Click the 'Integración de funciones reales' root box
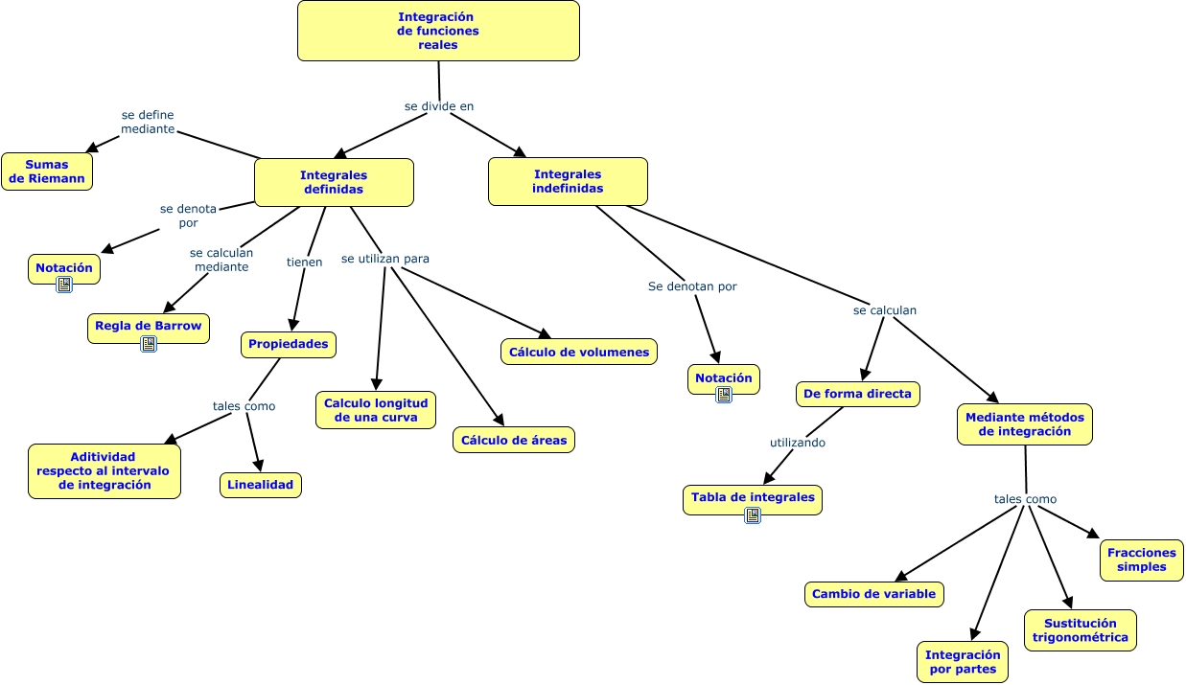(438, 31)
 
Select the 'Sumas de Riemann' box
(47, 171)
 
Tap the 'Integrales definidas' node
(334, 182)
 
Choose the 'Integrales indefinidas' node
(568, 181)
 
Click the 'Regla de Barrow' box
(149, 326)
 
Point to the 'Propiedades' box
(289, 344)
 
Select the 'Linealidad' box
(261, 485)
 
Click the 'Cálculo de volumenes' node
(579, 352)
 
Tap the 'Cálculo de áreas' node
(514, 440)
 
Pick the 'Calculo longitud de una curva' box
(376, 410)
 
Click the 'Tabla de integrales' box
(753, 497)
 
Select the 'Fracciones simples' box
(1142, 559)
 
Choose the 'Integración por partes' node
(963, 662)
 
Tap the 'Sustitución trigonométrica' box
(1081, 630)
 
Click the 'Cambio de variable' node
(873, 594)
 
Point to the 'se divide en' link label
(439, 106)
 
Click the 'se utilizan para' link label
(385, 259)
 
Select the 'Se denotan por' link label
(692, 285)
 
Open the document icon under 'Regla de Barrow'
(149, 344)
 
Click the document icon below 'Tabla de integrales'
(753, 515)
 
